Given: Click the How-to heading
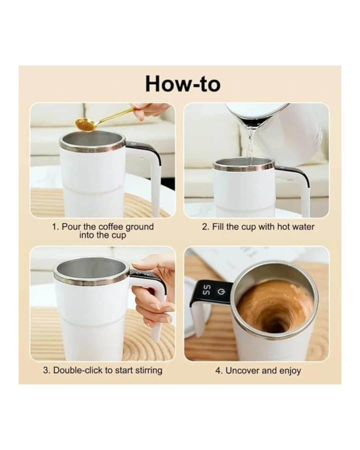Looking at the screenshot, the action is tap(183, 84).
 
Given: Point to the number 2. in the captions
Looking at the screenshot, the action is tap(206, 227).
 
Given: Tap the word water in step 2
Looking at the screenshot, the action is tap(303, 227).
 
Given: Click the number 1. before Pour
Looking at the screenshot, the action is tap(56, 227).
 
